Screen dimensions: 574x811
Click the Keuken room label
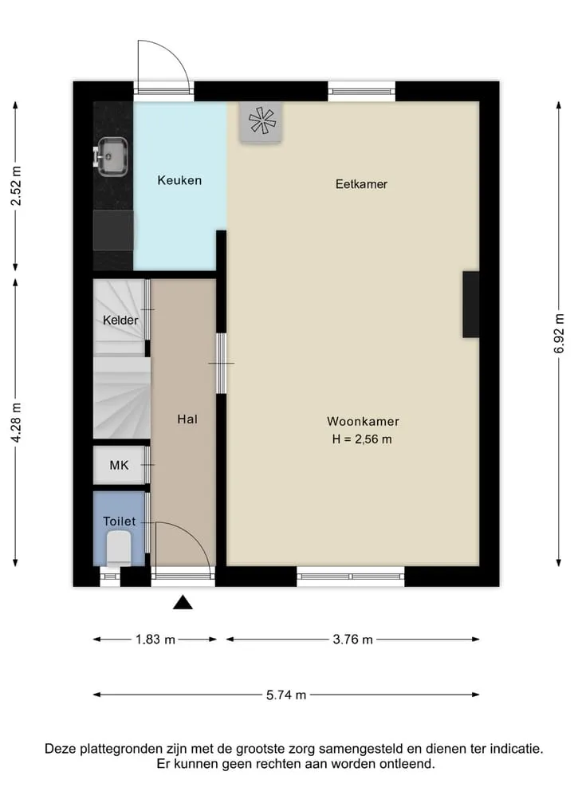(x=179, y=180)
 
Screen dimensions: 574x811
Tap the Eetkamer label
(x=361, y=184)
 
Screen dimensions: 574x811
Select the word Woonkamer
(x=363, y=422)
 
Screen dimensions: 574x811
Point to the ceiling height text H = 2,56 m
(x=362, y=439)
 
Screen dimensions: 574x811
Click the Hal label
(x=187, y=419)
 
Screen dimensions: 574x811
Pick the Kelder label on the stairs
(x=120, y=320)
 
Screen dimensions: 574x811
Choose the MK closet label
(x=119, y=466)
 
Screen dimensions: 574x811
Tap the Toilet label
(x=120, y=522)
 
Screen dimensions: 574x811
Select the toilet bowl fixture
(x=119, y=549)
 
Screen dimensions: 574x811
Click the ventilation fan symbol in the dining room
(x=261, y=122)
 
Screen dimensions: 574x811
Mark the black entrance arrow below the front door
(x=183, y=603)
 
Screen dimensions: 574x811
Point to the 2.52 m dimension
(x=16, y=186)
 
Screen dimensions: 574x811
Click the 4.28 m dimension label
(x=16, y=423)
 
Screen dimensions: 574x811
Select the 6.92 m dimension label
(x=559, y=333)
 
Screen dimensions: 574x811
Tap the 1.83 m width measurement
(x=155, y=640)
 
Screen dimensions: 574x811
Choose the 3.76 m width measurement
(x=352, y=640)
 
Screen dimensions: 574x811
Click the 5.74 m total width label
(x=286, y=695)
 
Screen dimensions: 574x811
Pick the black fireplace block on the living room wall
(x=470, y=305)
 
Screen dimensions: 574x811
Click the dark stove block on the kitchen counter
(x=113, y=230)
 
